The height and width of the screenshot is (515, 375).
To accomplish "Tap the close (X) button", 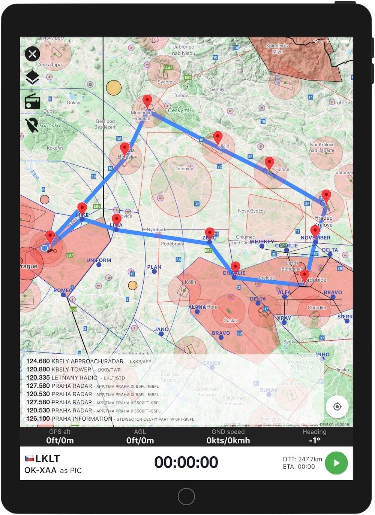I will click(33, 54).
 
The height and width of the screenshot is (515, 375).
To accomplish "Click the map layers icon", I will click(33, 77).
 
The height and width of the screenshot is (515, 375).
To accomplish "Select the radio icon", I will click(33, 101).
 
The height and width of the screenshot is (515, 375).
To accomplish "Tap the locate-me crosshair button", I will click(337, 406).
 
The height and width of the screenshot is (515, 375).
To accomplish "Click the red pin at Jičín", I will click(217, 138).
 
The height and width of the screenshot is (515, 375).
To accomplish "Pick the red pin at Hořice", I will click(269, 164).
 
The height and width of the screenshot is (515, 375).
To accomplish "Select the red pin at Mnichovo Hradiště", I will click(147, 101).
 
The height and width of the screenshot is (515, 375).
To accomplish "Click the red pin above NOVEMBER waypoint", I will click(315, 231).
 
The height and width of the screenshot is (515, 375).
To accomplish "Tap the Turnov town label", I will click(181, 95).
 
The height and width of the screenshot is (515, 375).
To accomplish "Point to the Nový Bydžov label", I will click(252, 211).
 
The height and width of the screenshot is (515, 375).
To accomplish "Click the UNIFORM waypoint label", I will click(99, 260).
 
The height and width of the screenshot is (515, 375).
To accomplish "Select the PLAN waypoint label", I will click(154, 267).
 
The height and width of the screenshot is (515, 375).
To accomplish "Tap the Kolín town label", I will click(190, 282).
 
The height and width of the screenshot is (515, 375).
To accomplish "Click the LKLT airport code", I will click(47, 458).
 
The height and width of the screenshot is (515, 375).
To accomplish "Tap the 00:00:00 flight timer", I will click(186, 463).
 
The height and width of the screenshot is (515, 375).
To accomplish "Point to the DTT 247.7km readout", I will click(302, 459).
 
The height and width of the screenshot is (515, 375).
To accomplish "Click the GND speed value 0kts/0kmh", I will click(228, 441).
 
